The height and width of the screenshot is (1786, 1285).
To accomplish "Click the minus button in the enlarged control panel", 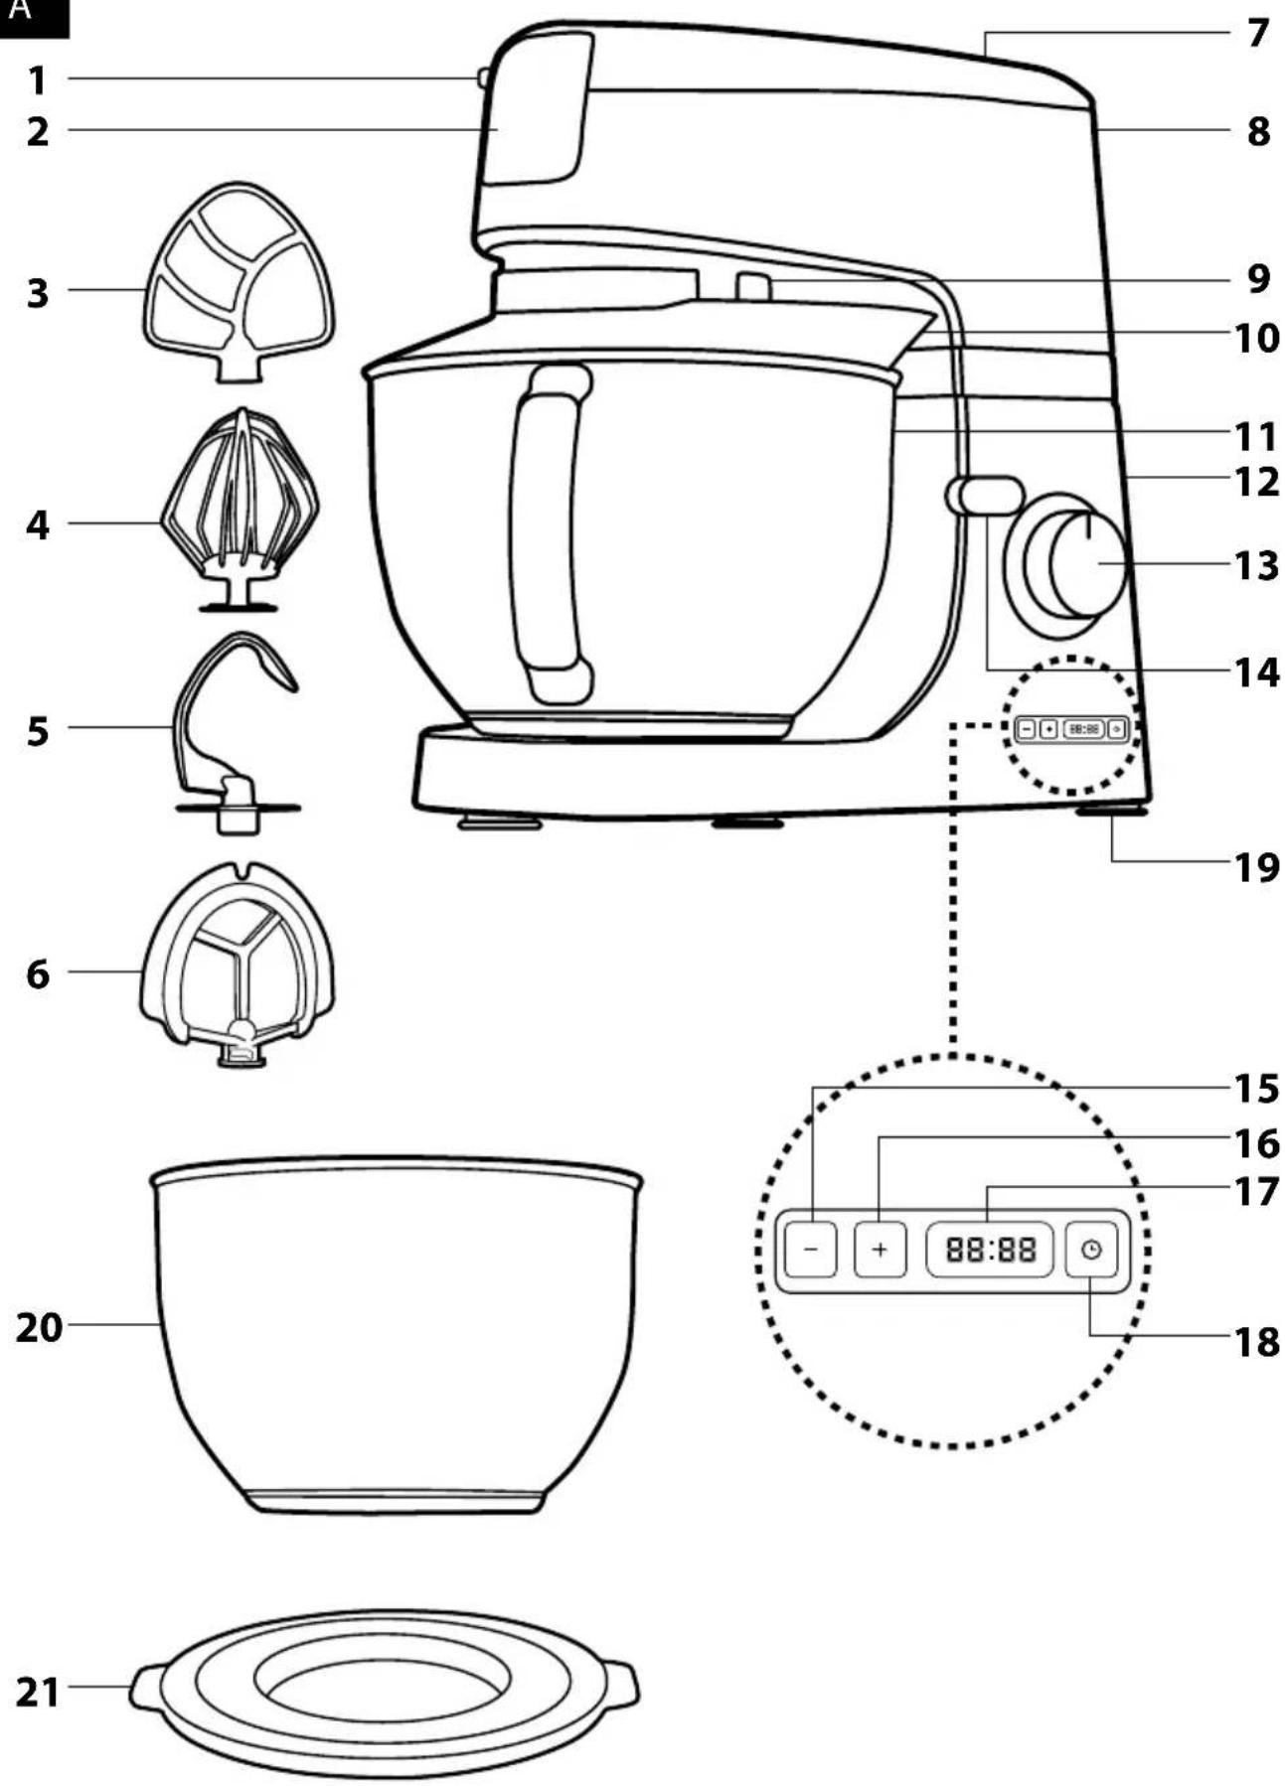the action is click(811, 1249).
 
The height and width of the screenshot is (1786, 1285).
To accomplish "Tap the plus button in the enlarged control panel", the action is click(880, 1249).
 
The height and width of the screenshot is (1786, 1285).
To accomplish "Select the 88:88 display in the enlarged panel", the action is click(990, 1249).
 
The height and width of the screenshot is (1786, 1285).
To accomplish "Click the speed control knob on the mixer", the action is click(1075, 561).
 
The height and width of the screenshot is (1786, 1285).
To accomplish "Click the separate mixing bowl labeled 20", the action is click(396, 1334).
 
